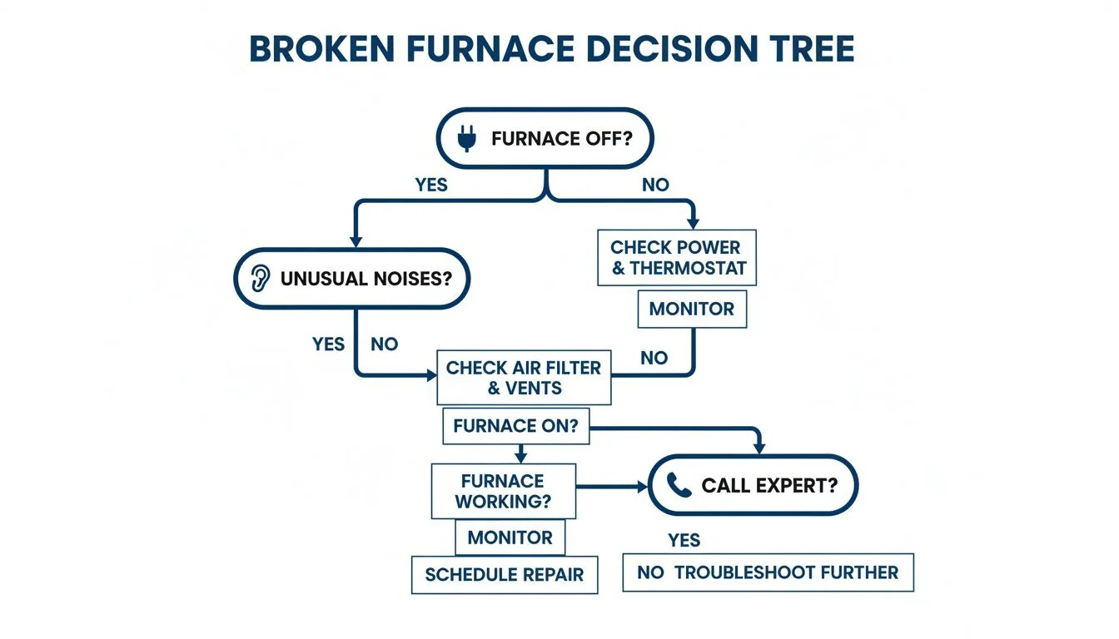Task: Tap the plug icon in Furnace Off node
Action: click(x=467, y=138)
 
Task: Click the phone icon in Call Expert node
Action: click(x=679, y=485)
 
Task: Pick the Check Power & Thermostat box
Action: click(x=677, y=258)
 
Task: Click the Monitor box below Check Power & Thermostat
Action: click(x=692, y=310)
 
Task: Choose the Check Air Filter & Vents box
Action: click(x=524, y=377)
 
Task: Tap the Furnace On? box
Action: click(x=515, y=427)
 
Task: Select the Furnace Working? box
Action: click(x=503, y=492)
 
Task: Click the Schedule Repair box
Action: click(x=505, y=574)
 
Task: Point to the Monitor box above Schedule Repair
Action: click(x=510, y=537)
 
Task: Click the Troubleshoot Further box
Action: click(x=768, y=572)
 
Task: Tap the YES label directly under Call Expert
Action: click(x=684, y=541)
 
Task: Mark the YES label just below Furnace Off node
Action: click(x=431, y=185)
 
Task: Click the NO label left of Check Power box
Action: click(x=655, y=185)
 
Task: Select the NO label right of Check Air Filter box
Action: click(x=654, y=358)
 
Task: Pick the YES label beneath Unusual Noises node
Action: click(x=328, y=344)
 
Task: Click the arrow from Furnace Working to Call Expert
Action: click(x=612, y=486)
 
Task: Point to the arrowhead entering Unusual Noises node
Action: click(x=356, y=240)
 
